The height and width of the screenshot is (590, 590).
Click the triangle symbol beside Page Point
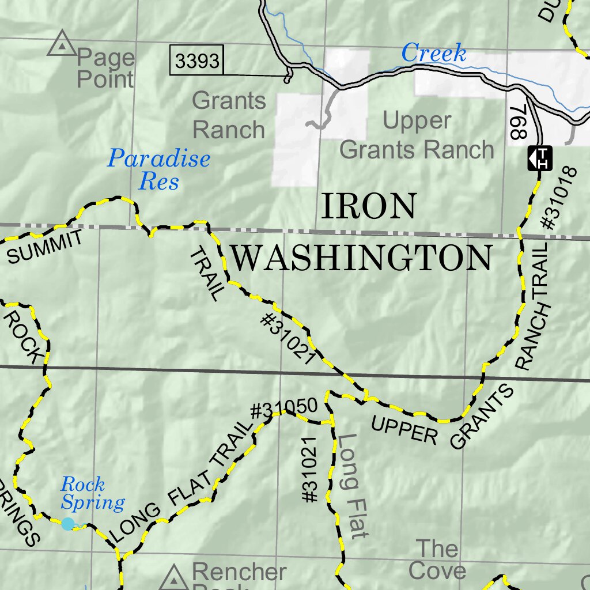pos(60,46)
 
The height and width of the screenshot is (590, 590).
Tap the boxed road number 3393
pos(197,61)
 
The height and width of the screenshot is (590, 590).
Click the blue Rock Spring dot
pos(69,524)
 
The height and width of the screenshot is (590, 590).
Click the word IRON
pos(368,207)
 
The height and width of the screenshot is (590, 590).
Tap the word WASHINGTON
pos(362,258)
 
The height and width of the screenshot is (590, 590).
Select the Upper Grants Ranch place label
pos(417,136)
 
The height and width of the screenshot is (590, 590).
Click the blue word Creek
pos(433,54)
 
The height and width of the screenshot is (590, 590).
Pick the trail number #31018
pos(559,199)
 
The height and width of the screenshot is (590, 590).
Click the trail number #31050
pos(284,409)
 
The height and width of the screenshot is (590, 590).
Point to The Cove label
pos(437,559)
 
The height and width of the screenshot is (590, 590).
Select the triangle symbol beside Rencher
pos(173,577)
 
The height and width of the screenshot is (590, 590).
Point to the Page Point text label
pos(105,68)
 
